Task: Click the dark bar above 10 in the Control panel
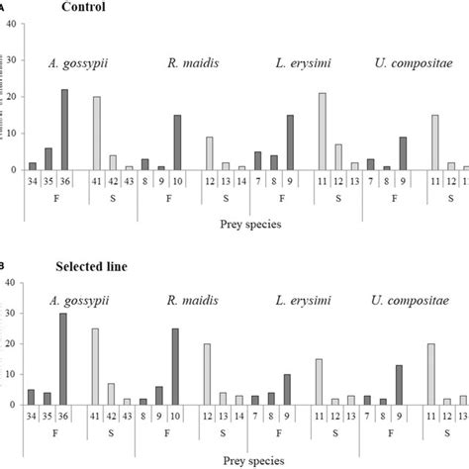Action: tap(176, 141)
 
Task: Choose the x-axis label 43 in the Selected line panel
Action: tap(129, 416)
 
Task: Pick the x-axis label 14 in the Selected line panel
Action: tap(241, 416)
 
